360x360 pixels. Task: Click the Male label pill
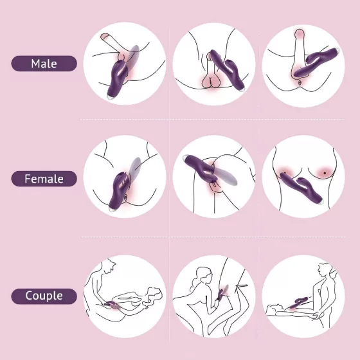point(44,64)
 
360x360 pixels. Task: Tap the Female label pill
point(44,179)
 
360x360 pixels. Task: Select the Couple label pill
point(44,296)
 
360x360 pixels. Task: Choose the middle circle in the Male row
point(214,64)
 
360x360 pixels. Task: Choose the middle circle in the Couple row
point(214,296)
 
